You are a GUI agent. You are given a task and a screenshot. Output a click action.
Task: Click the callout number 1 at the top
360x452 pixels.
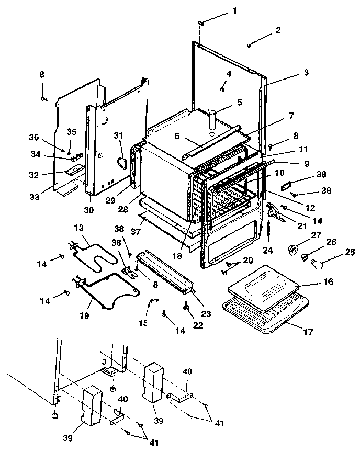(x=234, y=10)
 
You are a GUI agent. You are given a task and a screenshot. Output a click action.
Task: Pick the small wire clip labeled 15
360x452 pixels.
(x=152, y=302)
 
